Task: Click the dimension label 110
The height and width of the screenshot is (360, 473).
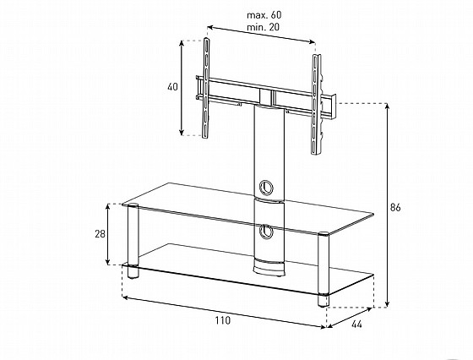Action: pyautogui.click(x=223, y=320)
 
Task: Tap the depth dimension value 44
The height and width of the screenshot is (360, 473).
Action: pyautogui.click(x=356, y=325)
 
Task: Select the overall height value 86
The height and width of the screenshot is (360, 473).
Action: pyautogui.click(x=395, y=207)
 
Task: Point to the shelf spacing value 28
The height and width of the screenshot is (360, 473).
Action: pyautogui.click(x=100, y=233)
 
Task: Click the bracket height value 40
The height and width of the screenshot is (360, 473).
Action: pyautogui.click(x=172, y=87)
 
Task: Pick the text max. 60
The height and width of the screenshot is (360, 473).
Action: pyautogui.click(x=264, y=14)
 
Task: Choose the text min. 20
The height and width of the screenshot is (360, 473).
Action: pyautogui.click(x=263, y=27)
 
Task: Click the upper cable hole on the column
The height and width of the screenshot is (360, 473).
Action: pyautogui.click(x=266, y=187)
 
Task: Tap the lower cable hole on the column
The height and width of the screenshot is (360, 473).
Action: pyautogui.click(x=266, y=232)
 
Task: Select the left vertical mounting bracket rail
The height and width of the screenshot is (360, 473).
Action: pyautogui.click(x=206, y=88)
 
